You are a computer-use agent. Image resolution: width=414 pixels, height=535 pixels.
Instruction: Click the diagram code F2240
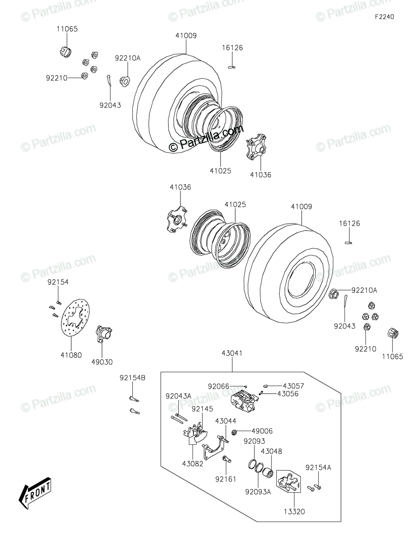(x=384, y=17)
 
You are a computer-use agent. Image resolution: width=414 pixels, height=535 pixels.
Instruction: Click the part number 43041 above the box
(x=232, y=353)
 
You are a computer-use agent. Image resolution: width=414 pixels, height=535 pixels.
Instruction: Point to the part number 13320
(x=294, y=512)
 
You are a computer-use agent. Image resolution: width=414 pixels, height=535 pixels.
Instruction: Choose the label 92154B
(x=132, y=378)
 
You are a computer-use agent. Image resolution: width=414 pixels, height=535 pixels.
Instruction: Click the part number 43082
(x=193, y=463)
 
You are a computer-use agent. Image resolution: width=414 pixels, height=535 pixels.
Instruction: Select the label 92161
(x=225, y=479)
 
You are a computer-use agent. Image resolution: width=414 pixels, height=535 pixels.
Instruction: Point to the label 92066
(x=218, y=386)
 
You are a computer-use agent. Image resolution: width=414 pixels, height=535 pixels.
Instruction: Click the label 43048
(x=271, y=451)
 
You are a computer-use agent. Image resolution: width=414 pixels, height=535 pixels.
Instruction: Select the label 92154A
(x=318, y=467)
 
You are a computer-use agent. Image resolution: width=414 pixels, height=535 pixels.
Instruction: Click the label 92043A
(x=178, y=396)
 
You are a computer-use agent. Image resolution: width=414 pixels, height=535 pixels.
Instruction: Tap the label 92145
(x=202, y=408)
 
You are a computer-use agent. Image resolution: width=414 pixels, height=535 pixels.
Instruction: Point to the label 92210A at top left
(x=127, y=58)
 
